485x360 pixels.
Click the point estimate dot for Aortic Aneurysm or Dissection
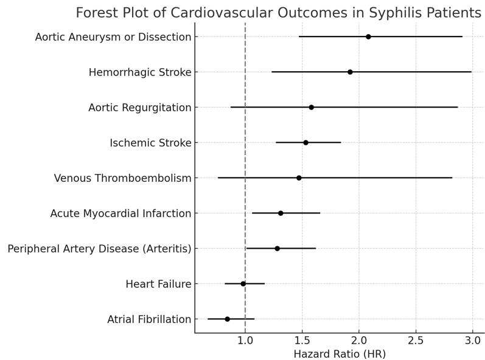pos(368,36)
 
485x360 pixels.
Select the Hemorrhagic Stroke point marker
pos(350,72)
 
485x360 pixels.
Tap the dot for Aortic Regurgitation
pos(312,107)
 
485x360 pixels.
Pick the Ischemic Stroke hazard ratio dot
pos(305,142)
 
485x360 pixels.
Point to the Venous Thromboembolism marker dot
pos(299,178)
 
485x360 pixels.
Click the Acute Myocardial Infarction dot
pos(281,213)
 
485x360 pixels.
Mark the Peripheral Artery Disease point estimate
pos(277,248)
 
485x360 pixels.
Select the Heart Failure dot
pos(243,283)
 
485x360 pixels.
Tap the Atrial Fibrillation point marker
pos(228,319)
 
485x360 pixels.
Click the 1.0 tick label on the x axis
pos(245,339)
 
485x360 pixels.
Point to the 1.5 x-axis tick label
pos(302,339)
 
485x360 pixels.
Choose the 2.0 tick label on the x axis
pos(359,339)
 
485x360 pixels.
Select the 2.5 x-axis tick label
pos(416,339)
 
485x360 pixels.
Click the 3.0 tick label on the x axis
pos(472,339)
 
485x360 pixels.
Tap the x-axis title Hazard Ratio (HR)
pos(340,354)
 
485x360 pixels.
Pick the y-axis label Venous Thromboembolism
pos(122,178)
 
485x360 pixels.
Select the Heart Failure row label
pos(158,284)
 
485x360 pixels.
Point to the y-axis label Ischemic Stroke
pos(150,143)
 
